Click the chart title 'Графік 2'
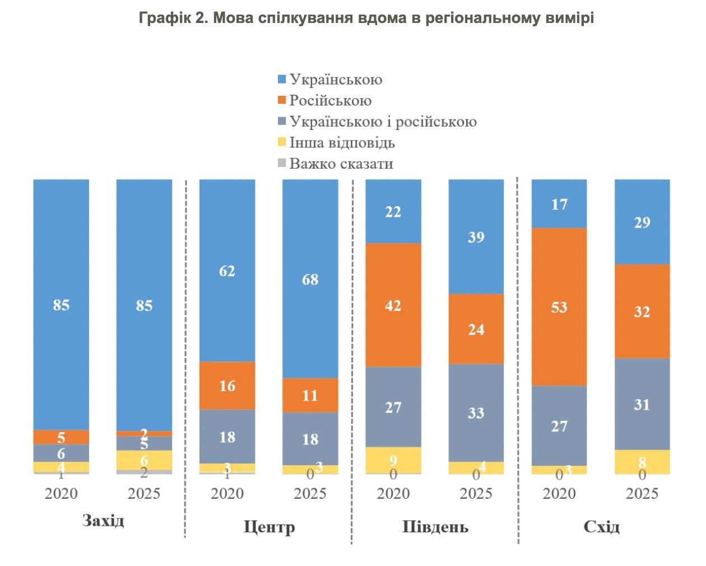[x=366, y=18]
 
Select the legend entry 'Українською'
[x=335, y=80]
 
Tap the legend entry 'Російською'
[x=329, y=101]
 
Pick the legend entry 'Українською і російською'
[x=382, y=122]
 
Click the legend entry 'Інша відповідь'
[x=341, y=143]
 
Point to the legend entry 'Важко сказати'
[x=341, y=164]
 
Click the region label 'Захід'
[x=103, y=521]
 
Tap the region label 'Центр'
[x=269, y=527]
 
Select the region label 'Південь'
[x=435, y=527]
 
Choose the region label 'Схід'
[x=601, y=527]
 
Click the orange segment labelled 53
[x=559, y=307]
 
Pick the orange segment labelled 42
[x=393, y=305]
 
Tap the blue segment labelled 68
[x=310, y=279]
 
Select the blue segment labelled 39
[x=476, y=236]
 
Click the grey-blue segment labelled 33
[x=476, y=413]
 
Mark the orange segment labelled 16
[x=227, y=386]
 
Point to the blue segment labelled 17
[x=559, y=203]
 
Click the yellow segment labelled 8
[x=642, y=462]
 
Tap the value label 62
[x=227, y=271]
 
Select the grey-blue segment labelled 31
[x=642, y=404]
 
